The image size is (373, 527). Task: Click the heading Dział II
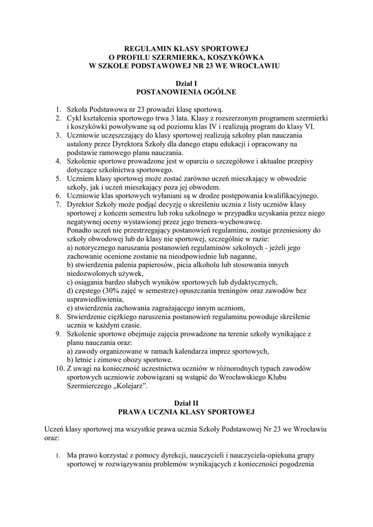186,403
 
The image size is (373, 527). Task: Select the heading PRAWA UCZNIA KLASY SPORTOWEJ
186,412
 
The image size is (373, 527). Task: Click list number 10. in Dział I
59,369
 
